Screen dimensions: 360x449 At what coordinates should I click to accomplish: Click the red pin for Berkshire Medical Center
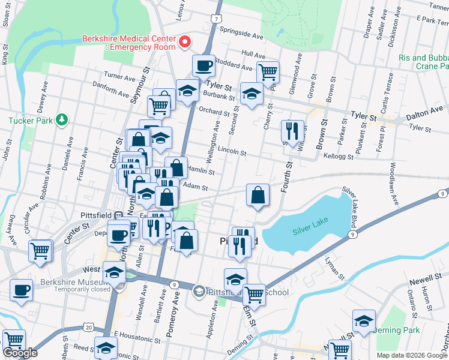[x=185, y=42]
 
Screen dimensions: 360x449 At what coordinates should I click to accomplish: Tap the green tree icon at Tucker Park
[x=61, y=120]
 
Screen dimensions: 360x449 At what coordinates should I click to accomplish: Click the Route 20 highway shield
[x=89, y=327]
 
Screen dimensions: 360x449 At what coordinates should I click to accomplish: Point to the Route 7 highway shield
[x=215, y=19]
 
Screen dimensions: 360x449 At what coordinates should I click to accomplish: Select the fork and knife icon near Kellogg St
[x=292, y=131]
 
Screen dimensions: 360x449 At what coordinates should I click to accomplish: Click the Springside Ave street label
[x=242, y=35]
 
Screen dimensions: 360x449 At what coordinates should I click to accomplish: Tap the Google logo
[x=20, y=353]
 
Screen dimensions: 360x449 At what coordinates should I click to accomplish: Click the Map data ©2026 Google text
[x=412, y=355]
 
